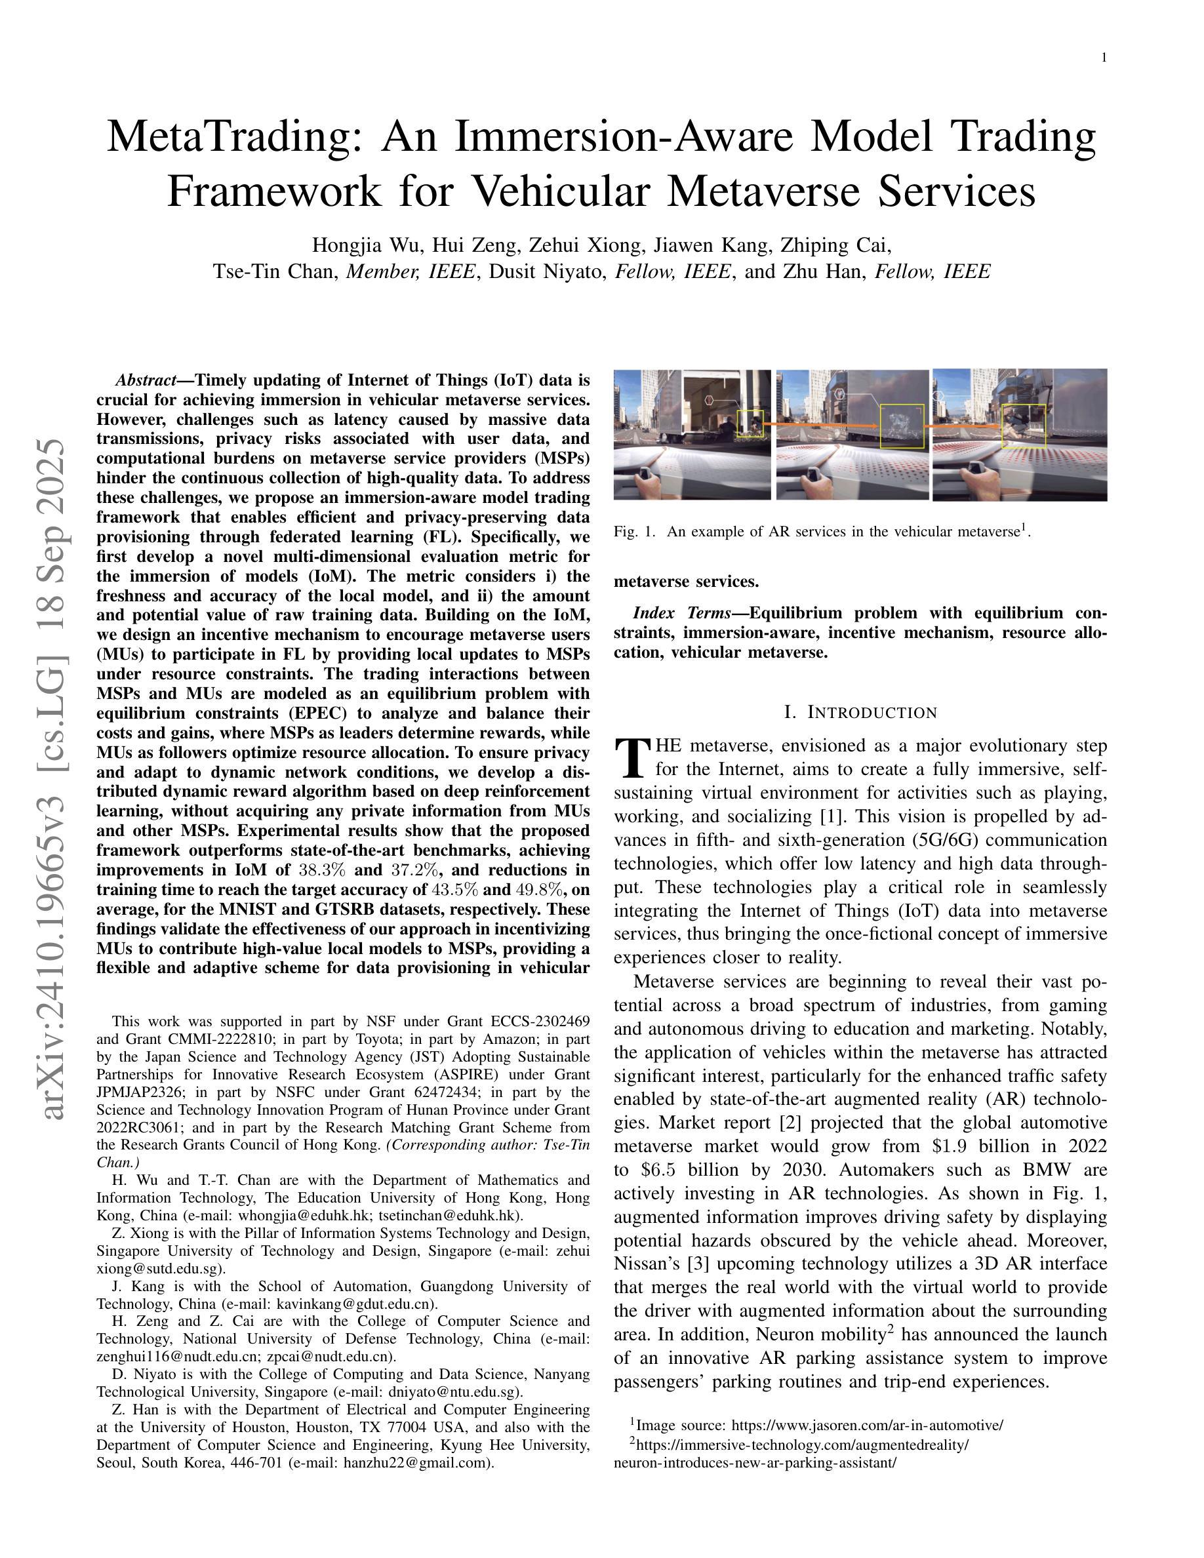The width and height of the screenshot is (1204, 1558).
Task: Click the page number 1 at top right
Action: click(x=1104, y=58)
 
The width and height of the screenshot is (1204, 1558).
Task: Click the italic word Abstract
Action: click(x=146, y=380)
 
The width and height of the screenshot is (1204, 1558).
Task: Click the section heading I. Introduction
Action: click(x=860, y=713)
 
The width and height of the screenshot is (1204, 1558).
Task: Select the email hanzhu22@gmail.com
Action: click(x=417, y=1462)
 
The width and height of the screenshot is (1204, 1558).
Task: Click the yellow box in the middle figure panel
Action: click(x=902, y=426)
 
